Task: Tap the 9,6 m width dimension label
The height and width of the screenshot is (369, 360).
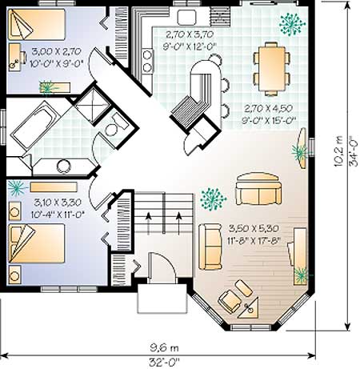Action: point(164,348)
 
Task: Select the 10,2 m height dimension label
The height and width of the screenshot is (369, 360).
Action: point(338,151)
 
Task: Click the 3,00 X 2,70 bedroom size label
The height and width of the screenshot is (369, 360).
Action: point(56,51)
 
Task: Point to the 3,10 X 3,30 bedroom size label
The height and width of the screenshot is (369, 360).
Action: point(58,203)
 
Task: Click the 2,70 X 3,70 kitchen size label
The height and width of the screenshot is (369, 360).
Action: point(190,34)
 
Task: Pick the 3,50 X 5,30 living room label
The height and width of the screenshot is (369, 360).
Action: point(254,228)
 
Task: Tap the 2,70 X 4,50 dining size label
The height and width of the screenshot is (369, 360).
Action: point(269,108)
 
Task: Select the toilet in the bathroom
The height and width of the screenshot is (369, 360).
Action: point(115,126)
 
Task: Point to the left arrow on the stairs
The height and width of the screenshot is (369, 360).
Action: point(148,223)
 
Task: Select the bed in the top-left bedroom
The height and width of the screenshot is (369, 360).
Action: point(37,25)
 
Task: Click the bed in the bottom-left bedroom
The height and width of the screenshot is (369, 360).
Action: point(37,243)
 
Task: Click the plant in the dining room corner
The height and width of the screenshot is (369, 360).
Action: point(292,24)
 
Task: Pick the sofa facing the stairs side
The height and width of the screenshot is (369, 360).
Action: point(210,247)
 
